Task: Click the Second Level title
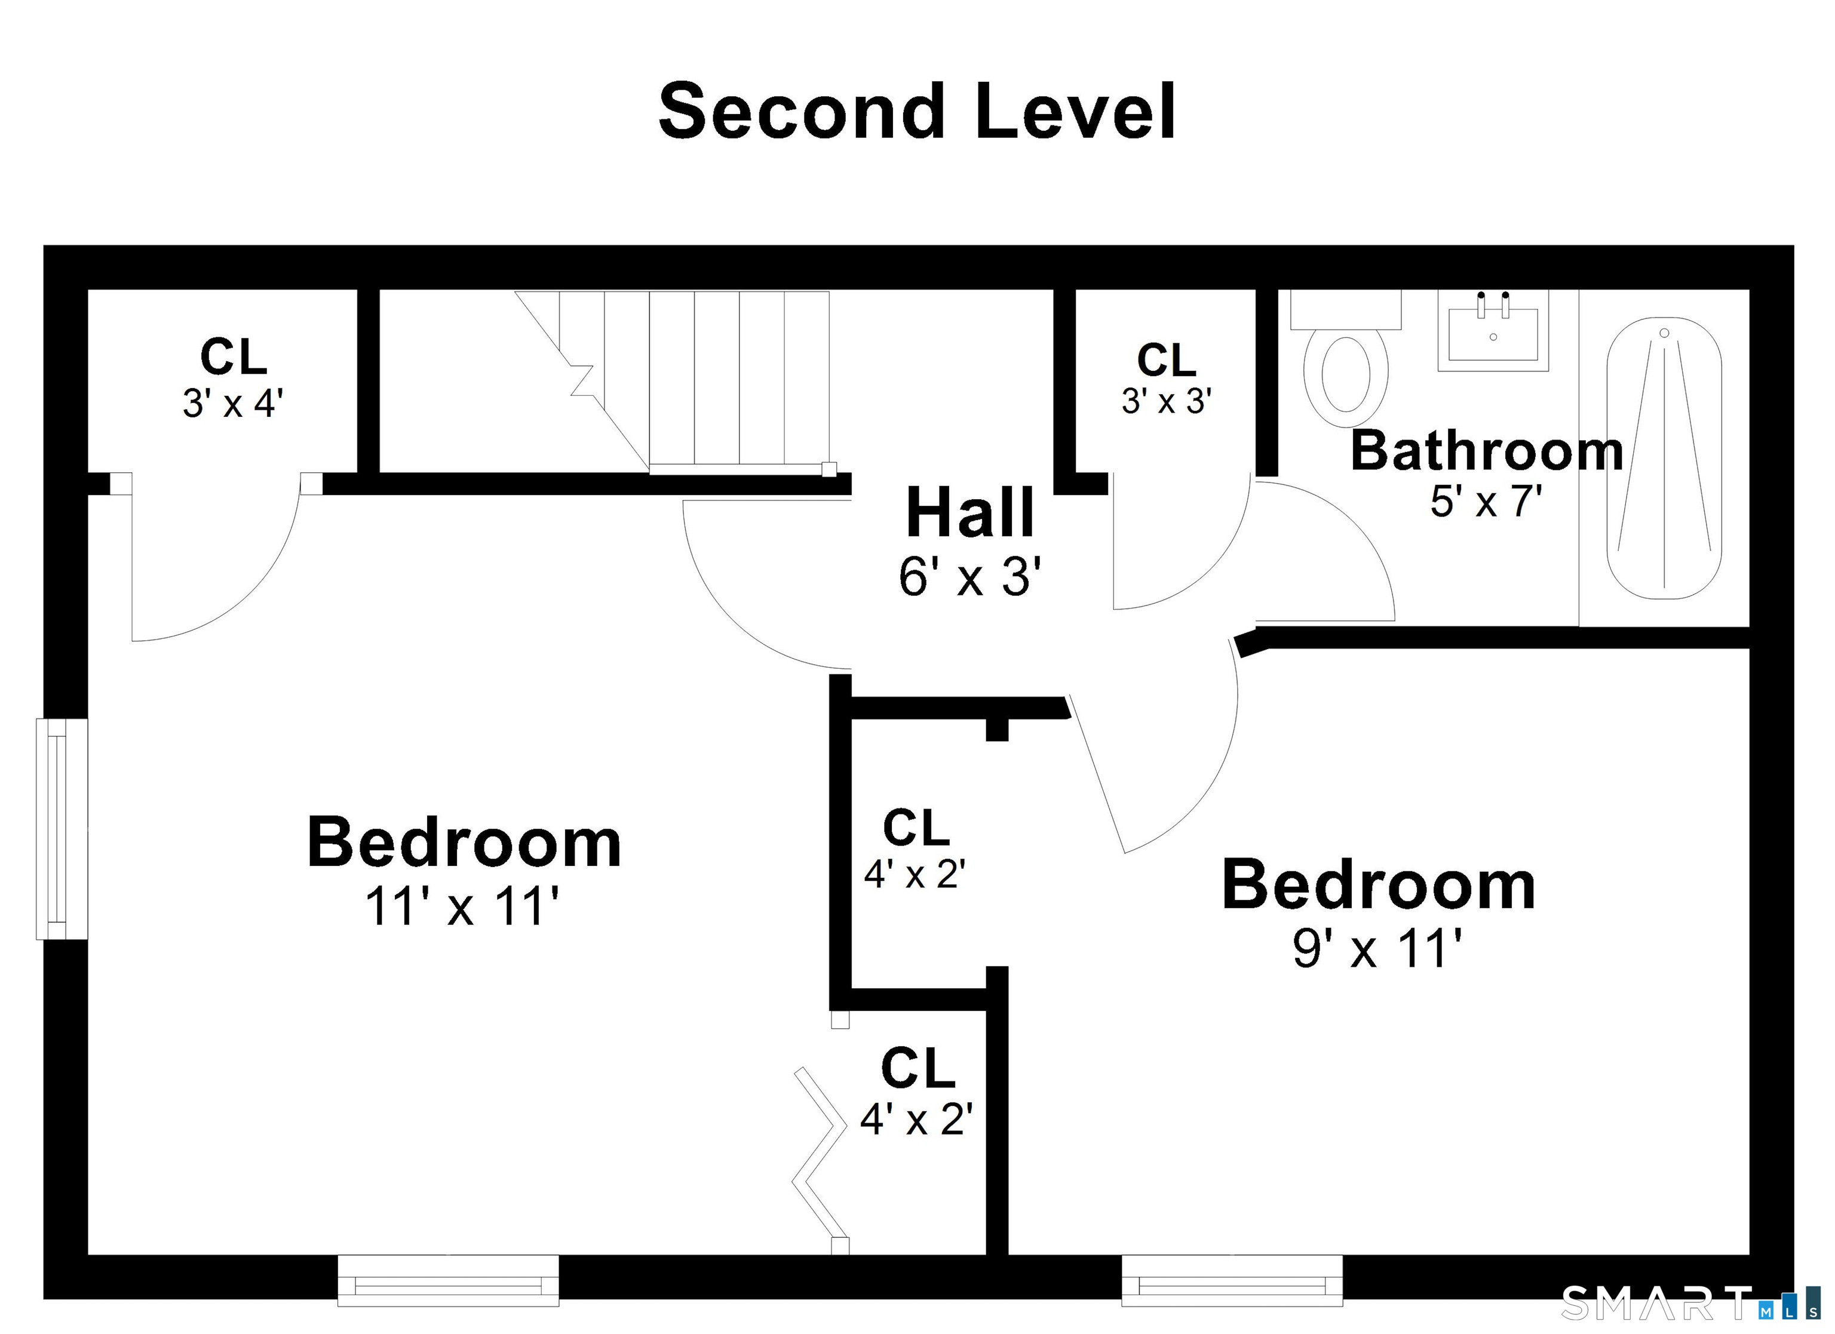pos(917,112)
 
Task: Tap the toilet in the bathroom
pos(1346,359)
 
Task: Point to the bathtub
pos(1664,458)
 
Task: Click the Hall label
pos(970,512)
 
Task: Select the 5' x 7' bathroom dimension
pos(1486,501)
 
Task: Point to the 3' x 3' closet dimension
pos(1166,401)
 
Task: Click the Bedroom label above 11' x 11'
pos(464,843)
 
